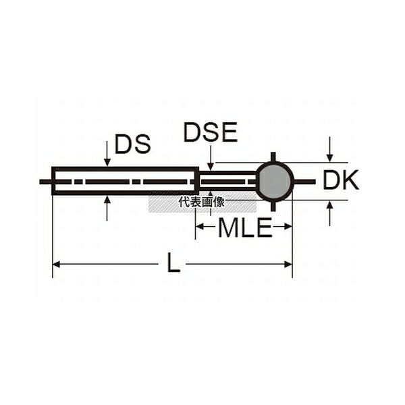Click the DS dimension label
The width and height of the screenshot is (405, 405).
point(132,144)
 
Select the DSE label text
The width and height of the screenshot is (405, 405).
point(211,132)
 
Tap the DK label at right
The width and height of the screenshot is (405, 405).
point(341,180)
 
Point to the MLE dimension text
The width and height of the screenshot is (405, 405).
point(245,227)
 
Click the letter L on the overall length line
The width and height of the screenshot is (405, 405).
point(173,263)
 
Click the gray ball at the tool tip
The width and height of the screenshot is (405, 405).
point(275,182)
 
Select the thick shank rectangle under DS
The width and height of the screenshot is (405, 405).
point(126,180)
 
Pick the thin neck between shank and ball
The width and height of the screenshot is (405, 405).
point(228,181)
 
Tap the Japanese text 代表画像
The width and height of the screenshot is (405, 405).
point(202,202)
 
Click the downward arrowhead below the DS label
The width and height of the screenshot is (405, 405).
point(107,162)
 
